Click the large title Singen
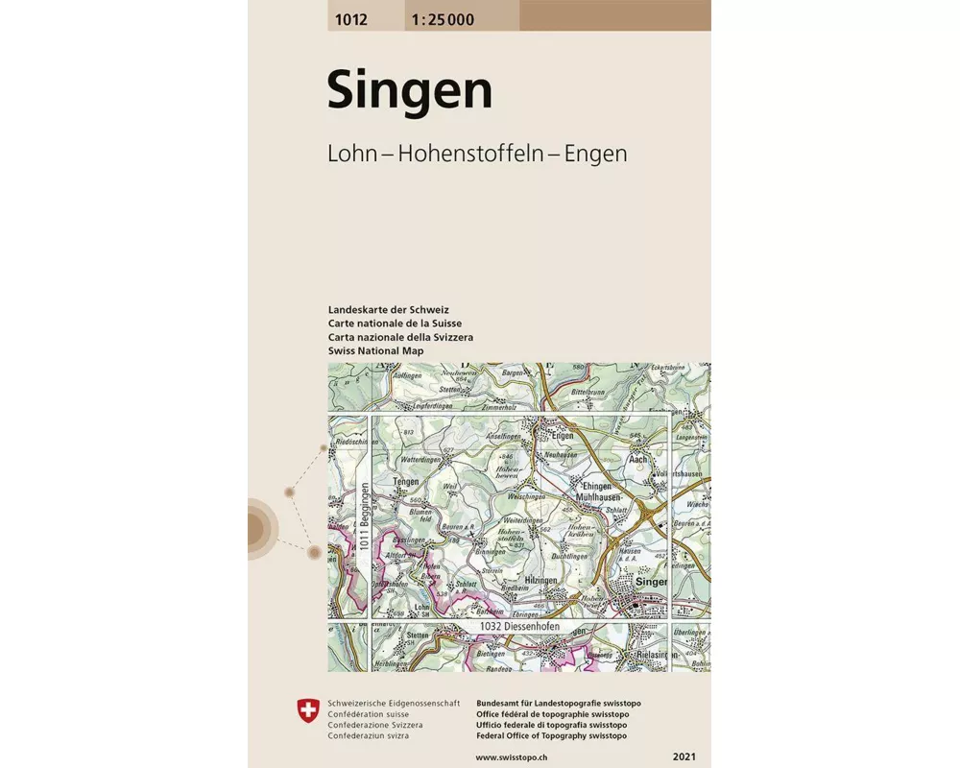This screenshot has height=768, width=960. (409, 91)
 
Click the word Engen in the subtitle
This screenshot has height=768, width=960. (595, 153)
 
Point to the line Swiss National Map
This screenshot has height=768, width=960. (375, 351)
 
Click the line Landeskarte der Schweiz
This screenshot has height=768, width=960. (388, 310)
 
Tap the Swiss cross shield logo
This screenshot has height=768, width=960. (308, 711)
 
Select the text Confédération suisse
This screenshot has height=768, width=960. (369, 714)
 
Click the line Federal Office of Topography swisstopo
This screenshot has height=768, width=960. (551, 735)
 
